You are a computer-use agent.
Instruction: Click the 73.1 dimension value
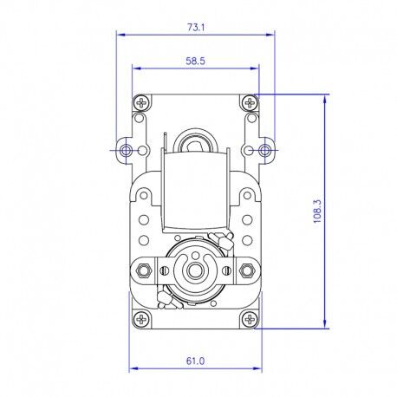point(196,28)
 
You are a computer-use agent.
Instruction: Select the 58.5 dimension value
point(195,61)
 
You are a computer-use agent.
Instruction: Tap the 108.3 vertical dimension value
point(317,212)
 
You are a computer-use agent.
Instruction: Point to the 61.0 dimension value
point(195,361)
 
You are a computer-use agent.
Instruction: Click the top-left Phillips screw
point(141,102)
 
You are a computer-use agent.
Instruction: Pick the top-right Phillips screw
point(249,102)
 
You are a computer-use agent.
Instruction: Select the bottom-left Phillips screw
point(141,319)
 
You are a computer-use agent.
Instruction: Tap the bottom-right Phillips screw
point(249,319)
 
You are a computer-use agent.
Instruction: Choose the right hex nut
point(246,270)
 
